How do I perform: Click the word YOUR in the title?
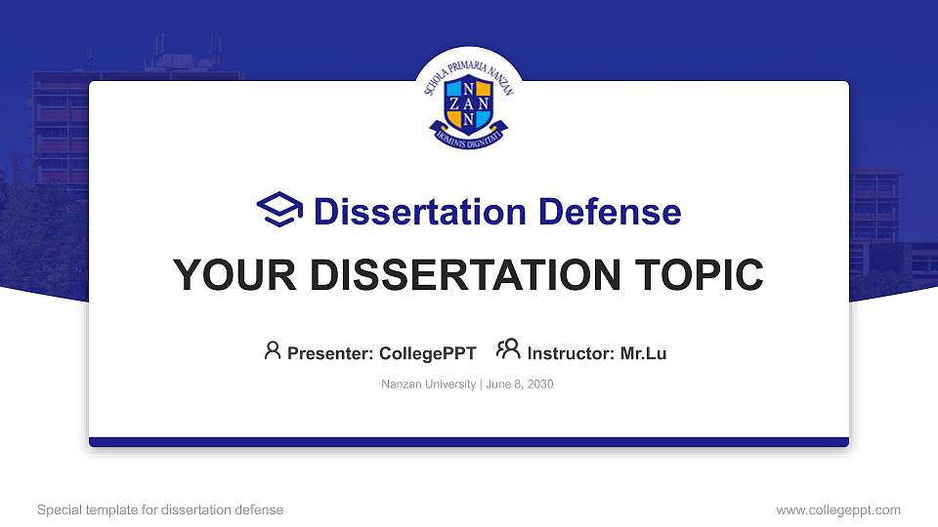pyautogui.click(x=224, y=275)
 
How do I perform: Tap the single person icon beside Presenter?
pyautogui.click(x=273, y=350)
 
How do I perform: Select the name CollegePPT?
pyautogui.click(x=427, y=353)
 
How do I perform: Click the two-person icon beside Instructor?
pyautogui.click(x=508, y=350)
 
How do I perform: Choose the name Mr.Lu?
pyautogui.click(x=643, y=353)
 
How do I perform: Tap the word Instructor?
pyautogui.click(x=572, y=353)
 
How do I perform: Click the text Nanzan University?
pyautogui.click(x=428, y=385)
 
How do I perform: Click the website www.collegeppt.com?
pyautogui.click(x=837, y=509)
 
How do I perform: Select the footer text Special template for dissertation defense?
pyautogui.click(x=160, y=509)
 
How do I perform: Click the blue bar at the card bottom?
pyautogui.click(x=469, y=442)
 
